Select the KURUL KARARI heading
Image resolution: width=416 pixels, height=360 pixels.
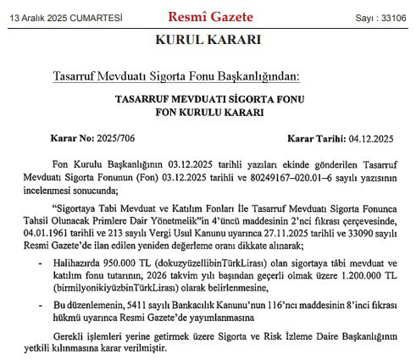(208, 40)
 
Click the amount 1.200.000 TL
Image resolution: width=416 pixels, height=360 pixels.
(370, 276)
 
